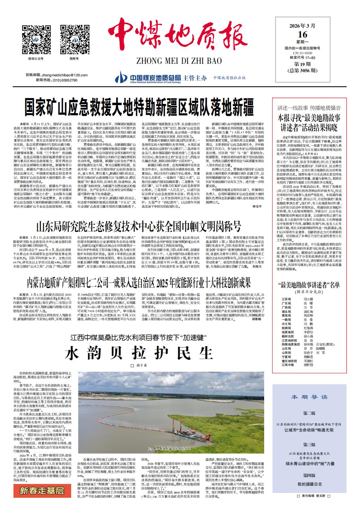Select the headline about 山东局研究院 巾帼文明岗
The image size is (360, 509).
138,227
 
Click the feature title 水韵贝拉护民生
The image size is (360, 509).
139,353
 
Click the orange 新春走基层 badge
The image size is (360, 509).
42,490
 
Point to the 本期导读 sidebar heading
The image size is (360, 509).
309,397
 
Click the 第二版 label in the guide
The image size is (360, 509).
309,413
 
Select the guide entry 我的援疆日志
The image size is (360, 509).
309,484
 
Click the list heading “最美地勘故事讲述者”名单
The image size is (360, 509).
309,285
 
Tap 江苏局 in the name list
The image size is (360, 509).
286,299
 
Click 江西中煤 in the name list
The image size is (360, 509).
288,365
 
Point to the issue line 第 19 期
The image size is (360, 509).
302,64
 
